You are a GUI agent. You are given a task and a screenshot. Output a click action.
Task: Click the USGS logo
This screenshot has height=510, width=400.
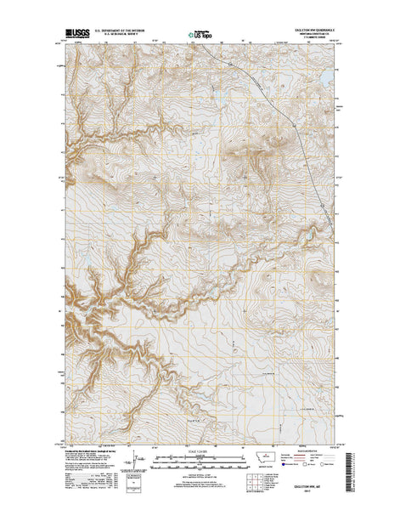coord(73,37)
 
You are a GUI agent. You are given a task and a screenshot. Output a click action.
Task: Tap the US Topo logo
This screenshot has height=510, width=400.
coord(200,37)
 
